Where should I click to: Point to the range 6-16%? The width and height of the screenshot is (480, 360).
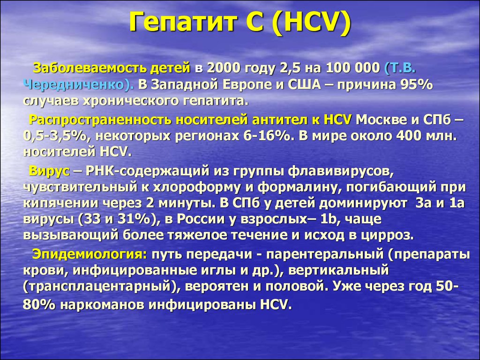(x=267, y=136)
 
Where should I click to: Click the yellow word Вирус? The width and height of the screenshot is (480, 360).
(x=49, y=171)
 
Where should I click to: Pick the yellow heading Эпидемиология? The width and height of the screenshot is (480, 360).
(x=90, y=255)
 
